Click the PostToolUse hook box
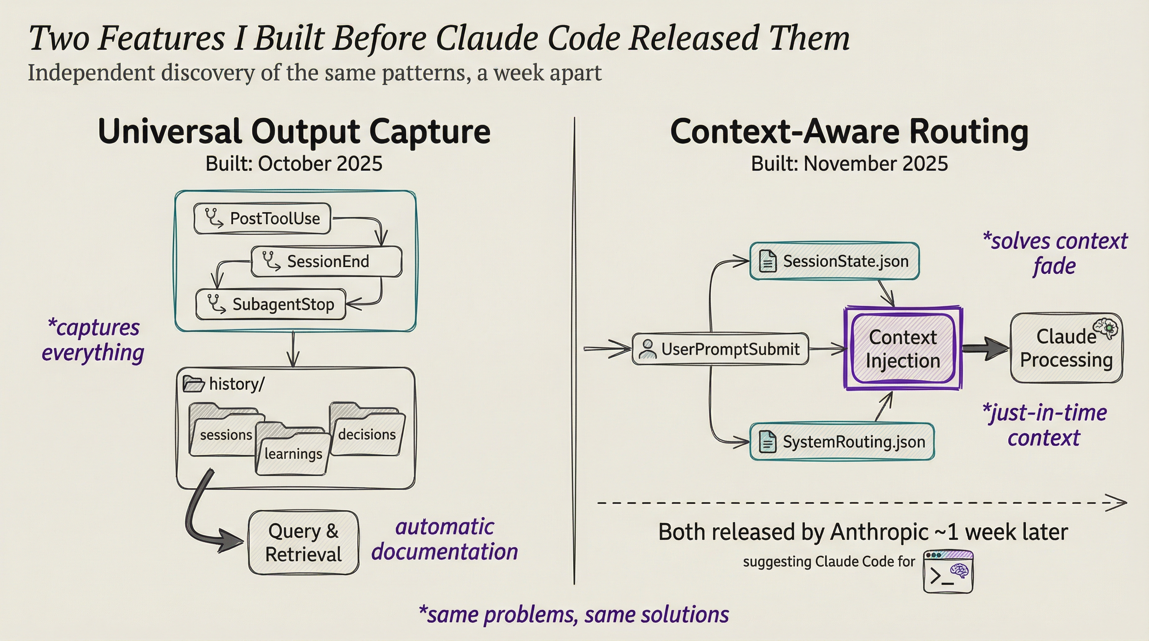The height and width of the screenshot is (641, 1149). (x=262, y=218)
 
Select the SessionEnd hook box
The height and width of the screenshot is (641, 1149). (x=326, y=262)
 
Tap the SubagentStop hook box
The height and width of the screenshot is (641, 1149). (x=271, y=305)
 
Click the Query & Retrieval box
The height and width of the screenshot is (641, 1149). (x=303, y=543)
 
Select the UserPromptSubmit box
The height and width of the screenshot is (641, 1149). (x=720, y=349)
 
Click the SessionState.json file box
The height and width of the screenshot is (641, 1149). (x=834, y=261)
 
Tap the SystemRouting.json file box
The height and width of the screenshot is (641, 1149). (x=842, y=442)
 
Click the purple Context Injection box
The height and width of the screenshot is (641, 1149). (x=903, y=349)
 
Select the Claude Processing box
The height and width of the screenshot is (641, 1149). (x=1066, y=348)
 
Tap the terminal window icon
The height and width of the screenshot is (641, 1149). (x=948, y=572)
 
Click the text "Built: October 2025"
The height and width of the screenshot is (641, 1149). (x=294, y=164)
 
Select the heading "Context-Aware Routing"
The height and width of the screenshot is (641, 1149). (x=849, y=132)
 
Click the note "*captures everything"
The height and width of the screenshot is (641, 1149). (x=93, y=340)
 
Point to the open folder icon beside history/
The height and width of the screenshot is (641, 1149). (x=194, y=384)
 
